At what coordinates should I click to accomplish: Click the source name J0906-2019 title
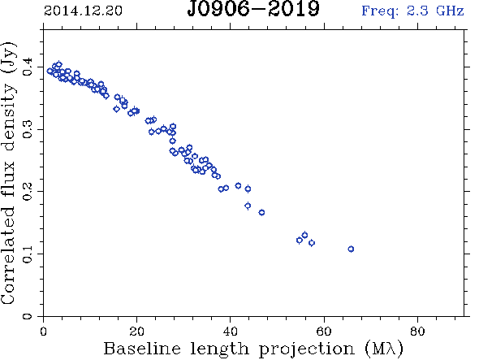[253, 9]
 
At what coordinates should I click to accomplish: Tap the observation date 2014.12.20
[83, 11]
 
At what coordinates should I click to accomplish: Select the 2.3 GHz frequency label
[412, 11]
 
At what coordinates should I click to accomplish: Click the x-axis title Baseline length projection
[228, 349]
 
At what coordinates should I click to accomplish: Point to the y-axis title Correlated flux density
[8, 173]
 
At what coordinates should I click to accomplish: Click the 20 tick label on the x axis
[136, 332]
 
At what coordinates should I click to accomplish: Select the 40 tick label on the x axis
[230, 332]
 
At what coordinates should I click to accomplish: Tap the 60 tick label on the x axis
[324, 332]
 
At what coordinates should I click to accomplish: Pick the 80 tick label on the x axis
[417, 332]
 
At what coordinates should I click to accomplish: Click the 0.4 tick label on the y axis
[28, 67]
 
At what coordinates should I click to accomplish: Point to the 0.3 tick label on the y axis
[28, 129]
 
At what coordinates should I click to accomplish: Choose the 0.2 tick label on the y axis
[28, 192]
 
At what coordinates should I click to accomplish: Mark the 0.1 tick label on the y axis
[28, 254]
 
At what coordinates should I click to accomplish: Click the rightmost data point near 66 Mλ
[351, 249]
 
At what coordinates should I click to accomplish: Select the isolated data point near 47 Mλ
[261, 213]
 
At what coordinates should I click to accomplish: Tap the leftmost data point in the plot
[50, 71]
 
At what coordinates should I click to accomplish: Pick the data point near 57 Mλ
[312, 243]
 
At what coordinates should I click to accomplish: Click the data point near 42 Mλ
[238, 185]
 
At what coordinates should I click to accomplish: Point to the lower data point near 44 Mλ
[248, 206]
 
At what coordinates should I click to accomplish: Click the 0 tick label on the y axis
[28, 316]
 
